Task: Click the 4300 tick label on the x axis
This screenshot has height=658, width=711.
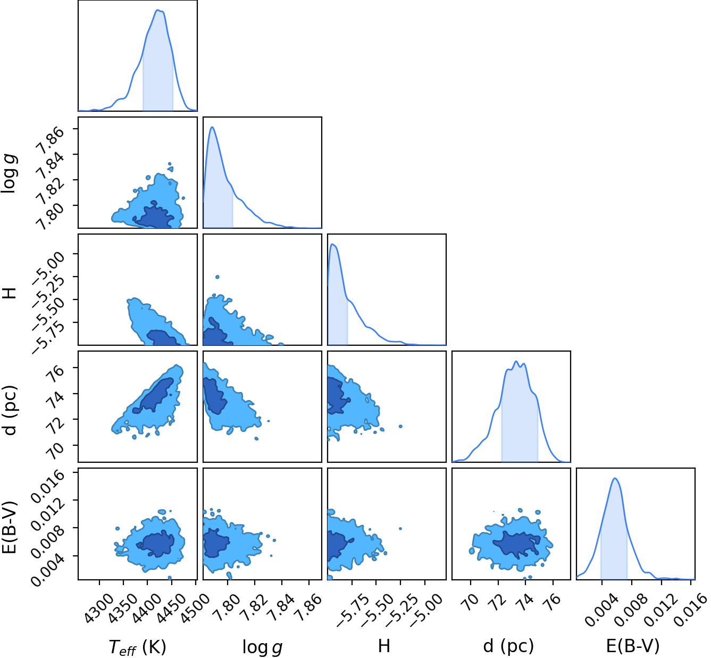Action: pyautogui.click(x=98, y=607)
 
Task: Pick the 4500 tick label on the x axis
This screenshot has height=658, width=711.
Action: pyautogui.click(x=195, y=607)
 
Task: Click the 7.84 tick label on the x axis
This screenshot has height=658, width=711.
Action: pyautogui.click(x=281, y=607)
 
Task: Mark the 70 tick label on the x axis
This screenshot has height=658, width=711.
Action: pyautogui.click(x=471, y=601)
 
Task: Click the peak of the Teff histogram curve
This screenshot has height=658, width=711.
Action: pyautogui.click(x=157, y=10)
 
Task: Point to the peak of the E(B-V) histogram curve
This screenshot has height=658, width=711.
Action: pyautogui.click(x=615, y=478)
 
